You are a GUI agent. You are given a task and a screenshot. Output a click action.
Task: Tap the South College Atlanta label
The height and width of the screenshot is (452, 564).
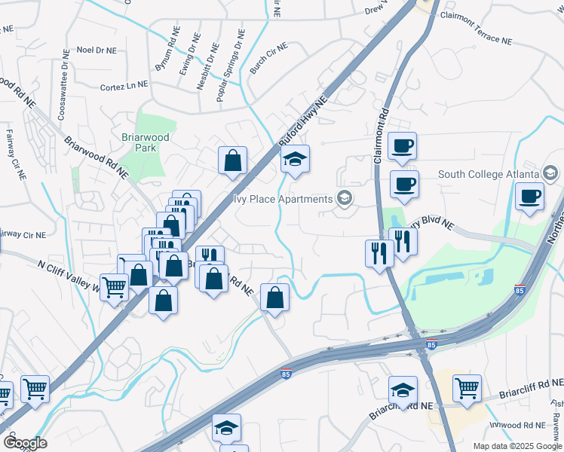tap(489, 175)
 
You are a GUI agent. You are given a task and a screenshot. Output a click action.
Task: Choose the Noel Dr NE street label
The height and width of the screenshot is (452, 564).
tap(97, 50)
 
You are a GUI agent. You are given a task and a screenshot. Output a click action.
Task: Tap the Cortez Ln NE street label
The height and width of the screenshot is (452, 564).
tap(124, 87)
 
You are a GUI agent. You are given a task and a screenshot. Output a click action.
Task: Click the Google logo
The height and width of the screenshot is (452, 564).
tap(25, 442)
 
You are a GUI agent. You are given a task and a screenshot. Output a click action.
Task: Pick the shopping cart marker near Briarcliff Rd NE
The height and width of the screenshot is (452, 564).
tap(467, 389)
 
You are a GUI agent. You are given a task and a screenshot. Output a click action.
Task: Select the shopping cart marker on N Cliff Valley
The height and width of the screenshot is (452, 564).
tap(114, 286)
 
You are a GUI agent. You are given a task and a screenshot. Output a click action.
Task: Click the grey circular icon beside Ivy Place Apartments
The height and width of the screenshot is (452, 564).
tap(345, 199)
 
